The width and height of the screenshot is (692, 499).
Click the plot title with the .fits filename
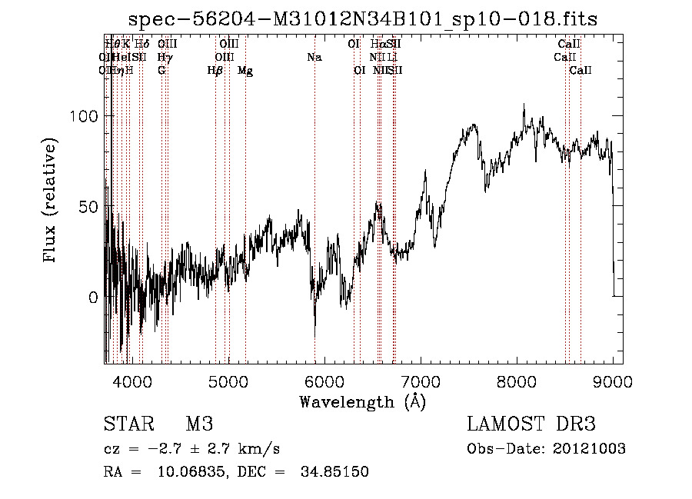pos(363,19)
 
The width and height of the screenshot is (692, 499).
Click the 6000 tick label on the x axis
pos(324,380)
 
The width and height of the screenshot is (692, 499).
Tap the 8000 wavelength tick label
pos(517,380)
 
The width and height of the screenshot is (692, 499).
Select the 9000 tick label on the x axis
pos(613,380)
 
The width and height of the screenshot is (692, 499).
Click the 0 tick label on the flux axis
pos(93,298)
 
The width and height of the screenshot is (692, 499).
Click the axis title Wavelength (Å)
pos(362,401)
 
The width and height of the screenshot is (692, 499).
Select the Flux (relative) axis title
pos(52,202)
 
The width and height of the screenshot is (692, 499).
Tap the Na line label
pos(314,57)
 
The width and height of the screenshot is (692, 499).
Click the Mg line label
pos(245,71)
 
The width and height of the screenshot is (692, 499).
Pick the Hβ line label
pos(215,71)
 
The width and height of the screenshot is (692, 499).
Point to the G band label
pos(161,71)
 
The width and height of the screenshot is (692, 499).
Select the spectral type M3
pos(199,424)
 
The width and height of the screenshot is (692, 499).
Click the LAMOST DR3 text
pos(531,424)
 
